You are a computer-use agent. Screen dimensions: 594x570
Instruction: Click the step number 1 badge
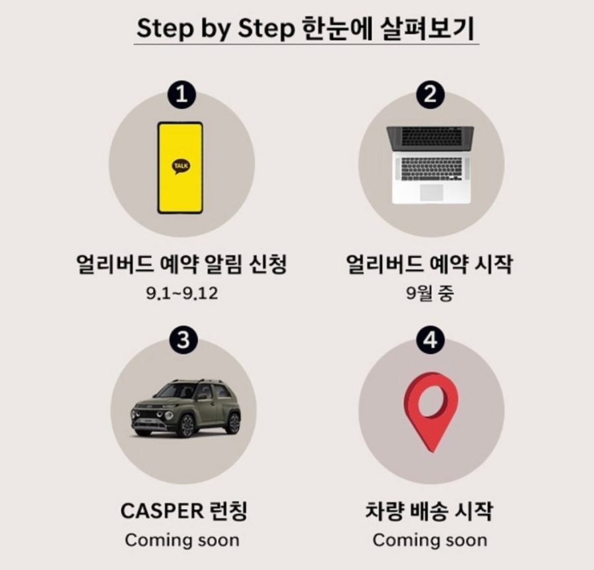[x=182, y=95]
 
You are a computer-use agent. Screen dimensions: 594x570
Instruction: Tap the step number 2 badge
[x=430, y=95]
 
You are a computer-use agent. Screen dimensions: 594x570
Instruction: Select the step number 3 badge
[x=183, y=339]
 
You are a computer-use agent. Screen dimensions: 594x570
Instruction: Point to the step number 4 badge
[x=430, y=339]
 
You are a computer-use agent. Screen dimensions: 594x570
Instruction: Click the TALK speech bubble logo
[x=181, y=166]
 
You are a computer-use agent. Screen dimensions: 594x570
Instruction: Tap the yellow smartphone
[x=180, y=168]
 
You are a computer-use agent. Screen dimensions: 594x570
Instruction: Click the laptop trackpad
[x=432, y=192]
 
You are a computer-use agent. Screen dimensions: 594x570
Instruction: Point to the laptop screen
[x=430, y=137]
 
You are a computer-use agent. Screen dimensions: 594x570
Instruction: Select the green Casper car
[x=186, y=408]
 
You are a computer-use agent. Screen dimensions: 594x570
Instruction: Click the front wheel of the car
[x=186, y=426]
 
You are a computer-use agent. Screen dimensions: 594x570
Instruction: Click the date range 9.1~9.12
[x=182, y=294]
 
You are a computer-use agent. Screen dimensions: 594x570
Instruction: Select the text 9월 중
[x=430, y=294]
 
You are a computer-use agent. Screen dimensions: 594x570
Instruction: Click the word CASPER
[x=162, y=511]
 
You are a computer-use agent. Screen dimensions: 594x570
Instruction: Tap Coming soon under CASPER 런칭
[x=182, y=540]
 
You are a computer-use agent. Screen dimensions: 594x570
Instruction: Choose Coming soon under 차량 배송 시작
[x=430, y=540]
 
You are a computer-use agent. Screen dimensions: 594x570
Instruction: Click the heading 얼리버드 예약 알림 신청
[x=181, y=264]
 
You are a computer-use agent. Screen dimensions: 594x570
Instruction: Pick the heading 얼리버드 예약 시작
[x=430, y=264]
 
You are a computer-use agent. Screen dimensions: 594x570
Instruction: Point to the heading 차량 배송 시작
[x=429, y=511]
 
